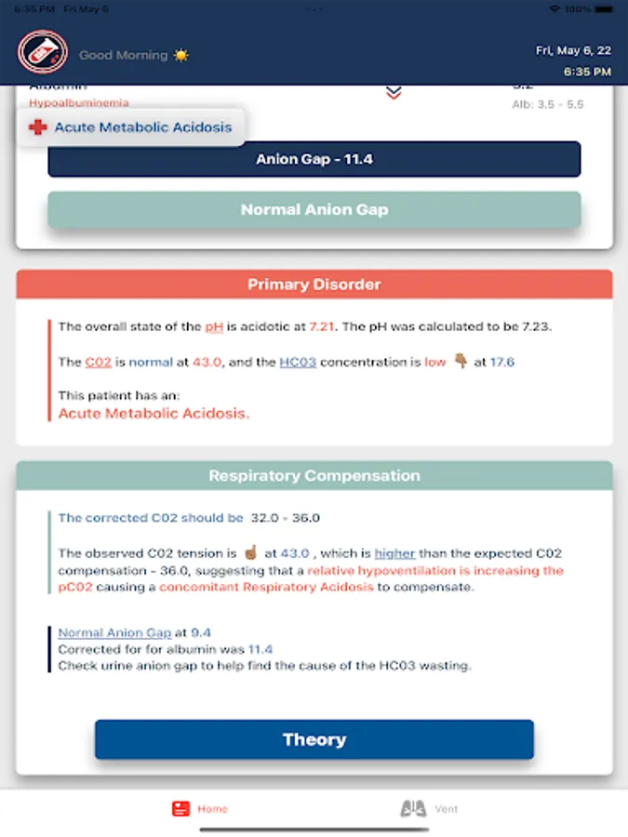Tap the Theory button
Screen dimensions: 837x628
(x=314, y=739)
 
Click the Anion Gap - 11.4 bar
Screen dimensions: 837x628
(x=314, y=159)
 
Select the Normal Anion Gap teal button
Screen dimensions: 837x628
(x=314, y=209)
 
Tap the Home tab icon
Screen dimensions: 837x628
(x=181, y=809)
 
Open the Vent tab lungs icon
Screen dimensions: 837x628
(x=413, y=809)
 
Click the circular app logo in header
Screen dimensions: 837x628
(x=42, y=53)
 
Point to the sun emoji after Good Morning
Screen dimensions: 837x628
(x=180, y=55)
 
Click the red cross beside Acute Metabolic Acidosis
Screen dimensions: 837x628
(x=37, y=127)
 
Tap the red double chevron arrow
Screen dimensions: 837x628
(x=394, y=91)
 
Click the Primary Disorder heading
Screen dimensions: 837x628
(x=314, y=285)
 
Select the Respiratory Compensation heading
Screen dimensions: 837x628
(x=314, y=475)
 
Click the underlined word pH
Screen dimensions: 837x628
(x=216, y=326)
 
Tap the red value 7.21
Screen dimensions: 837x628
(x=321, y=326)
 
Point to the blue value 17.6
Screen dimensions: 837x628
(x=502, y=362)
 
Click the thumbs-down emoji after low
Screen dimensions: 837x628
(x=460, y=362)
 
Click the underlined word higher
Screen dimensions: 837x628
(x=395, y=553)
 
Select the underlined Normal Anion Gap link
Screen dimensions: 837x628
(x=114, y=632)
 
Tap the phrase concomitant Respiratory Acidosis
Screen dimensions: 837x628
(x=266, y=587)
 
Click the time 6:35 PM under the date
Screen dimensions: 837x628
(x=587, y=72)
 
